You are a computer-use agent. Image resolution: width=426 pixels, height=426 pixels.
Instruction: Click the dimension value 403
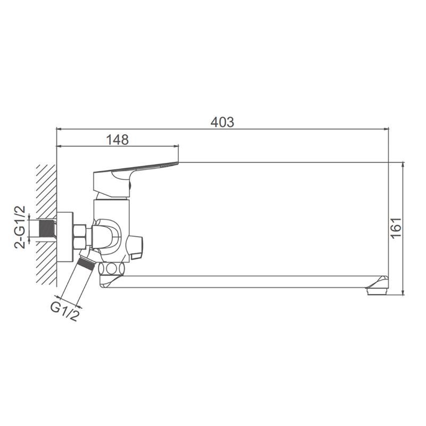[222, 122]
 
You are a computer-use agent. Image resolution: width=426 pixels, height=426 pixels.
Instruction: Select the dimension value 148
[117, 140]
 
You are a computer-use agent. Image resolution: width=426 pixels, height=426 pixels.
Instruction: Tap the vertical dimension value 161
[396, 228]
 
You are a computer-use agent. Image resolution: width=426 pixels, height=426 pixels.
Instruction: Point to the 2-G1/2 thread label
[20, 227]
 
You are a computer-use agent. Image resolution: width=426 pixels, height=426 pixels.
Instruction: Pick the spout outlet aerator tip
[377, 288]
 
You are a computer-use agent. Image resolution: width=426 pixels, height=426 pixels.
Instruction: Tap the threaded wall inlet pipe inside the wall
[47, 228]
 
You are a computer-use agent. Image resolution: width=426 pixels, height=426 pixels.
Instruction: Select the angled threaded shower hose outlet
[86, 261]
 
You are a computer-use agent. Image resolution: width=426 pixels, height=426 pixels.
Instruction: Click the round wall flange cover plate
[65, 237]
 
